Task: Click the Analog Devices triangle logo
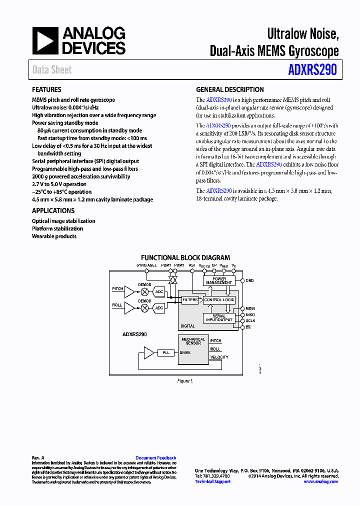[x=46, y=41]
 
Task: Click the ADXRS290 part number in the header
[x=312, y=69]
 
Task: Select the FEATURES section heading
[x=46, y=90]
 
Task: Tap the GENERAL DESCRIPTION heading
[x=230, y=90]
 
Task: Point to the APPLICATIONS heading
[x=53, y=211]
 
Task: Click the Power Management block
[x=219, y=280]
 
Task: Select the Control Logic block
[x=219, y=300]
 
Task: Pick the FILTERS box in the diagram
[x=190, y=300]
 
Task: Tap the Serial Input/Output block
[x=219, y=318]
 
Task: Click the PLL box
[x=166, y=353]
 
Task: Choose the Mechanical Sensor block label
[x=193, y=341]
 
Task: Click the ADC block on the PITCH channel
[x=159, y=291]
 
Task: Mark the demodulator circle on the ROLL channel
[x=145, y=308]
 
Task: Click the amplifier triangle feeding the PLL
[x=148, y=353]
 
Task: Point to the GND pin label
[x=249, y=280]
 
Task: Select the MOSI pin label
[x=250, y=308]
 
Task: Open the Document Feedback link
[x=156, y=458]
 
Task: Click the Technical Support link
[x=212, y=481]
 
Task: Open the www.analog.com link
[x=320, y=481]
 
